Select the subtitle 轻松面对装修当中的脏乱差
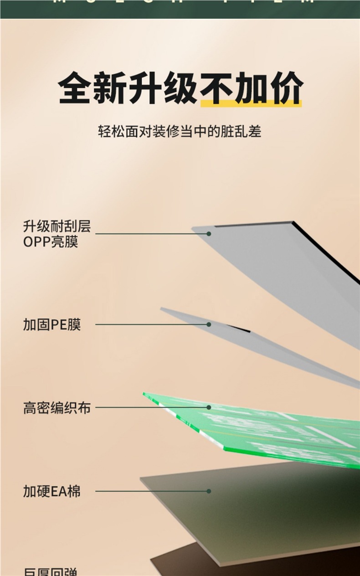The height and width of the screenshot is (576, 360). tap(180, 132)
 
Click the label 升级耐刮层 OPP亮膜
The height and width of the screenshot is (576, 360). tap(57, 234)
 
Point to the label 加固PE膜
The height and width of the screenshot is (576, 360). tap(51, 325)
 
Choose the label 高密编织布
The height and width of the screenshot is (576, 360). tap(57, 408)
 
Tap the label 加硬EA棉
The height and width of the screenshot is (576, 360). tap(51, 492)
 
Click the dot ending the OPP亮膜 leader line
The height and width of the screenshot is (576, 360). tap(209, 234)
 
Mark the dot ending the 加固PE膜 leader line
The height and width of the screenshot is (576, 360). tap(209, 324)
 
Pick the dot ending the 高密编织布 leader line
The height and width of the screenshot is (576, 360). tap(209, 407)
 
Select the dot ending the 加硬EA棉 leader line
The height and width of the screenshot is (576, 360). tap(209, 491)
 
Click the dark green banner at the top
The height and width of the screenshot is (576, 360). tap(180, 8)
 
